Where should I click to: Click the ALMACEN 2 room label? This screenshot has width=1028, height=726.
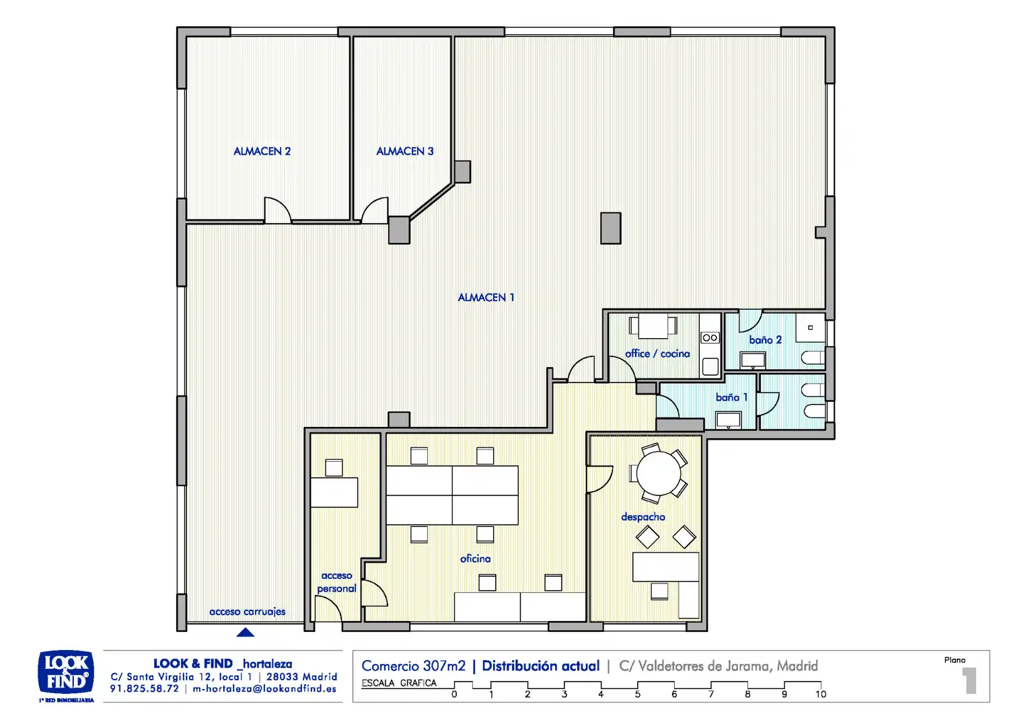(262, 151)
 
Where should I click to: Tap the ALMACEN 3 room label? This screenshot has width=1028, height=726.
(405, 151)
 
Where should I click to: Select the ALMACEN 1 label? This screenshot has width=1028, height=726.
(486, 297)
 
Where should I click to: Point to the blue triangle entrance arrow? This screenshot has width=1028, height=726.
(245, 633)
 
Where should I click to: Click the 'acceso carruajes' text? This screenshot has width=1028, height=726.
(248, 611)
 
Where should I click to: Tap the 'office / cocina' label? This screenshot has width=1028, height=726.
(657, 354)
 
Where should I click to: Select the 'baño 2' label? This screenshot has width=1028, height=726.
(766, 340)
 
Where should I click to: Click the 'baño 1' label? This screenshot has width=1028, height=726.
(732, 397)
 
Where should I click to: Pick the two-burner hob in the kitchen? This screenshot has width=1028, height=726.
(710, 338)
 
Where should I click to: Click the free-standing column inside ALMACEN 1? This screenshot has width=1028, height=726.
(611, 228)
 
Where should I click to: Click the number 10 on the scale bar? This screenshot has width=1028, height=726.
(821, 694)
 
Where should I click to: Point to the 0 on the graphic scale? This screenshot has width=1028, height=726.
(454, 694)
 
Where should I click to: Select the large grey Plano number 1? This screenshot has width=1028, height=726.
(969, 680)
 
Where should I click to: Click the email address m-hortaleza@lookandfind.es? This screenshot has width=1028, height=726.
(264, 689)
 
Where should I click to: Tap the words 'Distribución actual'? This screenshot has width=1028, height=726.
(541, 666)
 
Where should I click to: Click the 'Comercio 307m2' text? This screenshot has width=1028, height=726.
(414, 666)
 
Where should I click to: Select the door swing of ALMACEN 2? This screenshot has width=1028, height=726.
(278, 210)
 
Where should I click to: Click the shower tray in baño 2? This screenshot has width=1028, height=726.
(811, 327)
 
